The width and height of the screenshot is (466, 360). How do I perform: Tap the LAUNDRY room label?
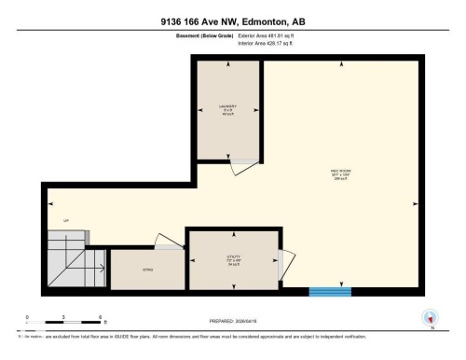[x=228, y=108]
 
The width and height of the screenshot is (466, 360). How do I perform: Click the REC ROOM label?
[x=340, y=173]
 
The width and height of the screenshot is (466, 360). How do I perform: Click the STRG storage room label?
[x=147, y=270]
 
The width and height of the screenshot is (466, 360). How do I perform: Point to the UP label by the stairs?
[x=65, y=220]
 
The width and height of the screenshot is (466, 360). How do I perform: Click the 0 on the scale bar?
[x=27, y=318]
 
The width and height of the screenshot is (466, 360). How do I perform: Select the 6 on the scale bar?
[x=100, y=318]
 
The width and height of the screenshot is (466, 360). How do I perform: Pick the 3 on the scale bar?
[x=63, y=318]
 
